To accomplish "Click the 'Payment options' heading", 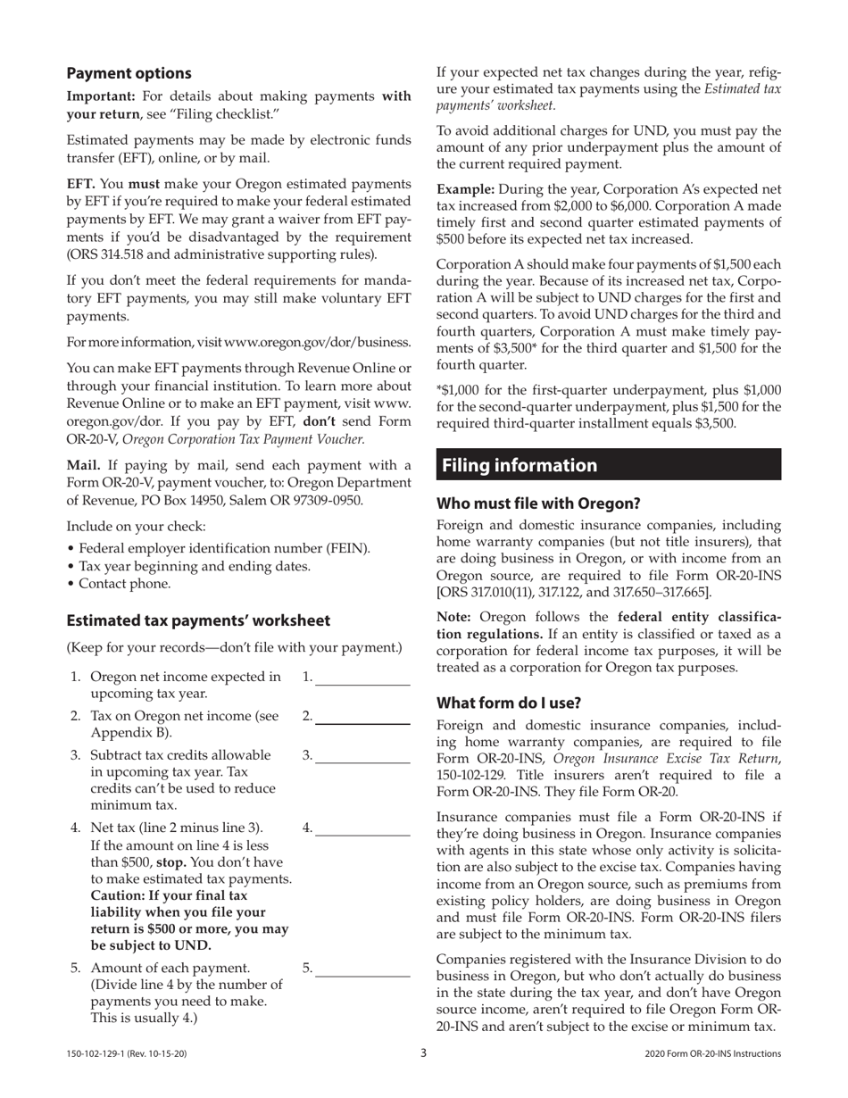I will coord(129,73).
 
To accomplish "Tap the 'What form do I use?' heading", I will coord(508,703).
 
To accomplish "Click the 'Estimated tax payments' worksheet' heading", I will coord(198,620).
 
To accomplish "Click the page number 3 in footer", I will coord(424,1053).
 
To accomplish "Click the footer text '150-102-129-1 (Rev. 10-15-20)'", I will coord(127,1054).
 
